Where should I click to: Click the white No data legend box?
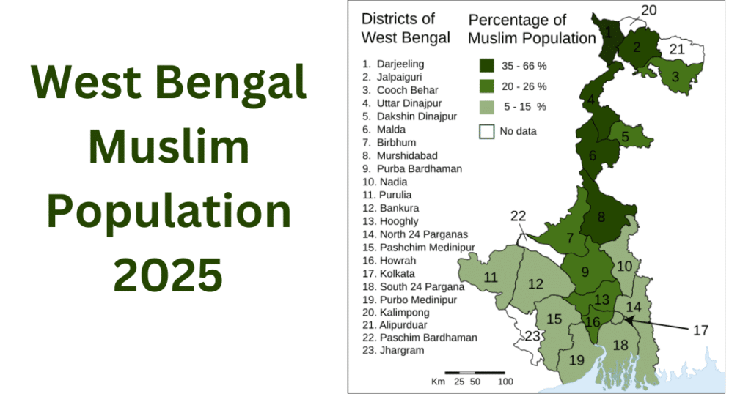click(486, 132)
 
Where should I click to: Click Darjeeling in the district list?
click(400, 64)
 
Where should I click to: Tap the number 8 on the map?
click(601, 217)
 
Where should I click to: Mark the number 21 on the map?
click(676, 50)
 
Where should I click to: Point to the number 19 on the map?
click(576, 360)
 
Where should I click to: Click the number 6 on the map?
click(593, 155)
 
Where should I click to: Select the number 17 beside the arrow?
click(700, 330)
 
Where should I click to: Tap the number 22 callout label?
click(519, 216)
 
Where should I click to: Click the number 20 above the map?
click(649, 10)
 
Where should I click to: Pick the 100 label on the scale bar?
click(505, 382)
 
